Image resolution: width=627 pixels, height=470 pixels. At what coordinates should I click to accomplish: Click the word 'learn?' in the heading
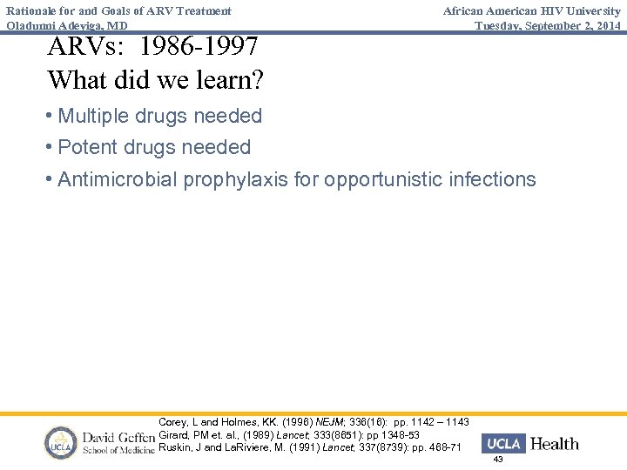[x=227, y=80]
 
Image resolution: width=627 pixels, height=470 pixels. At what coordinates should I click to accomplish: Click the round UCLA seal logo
[x=61, y=443]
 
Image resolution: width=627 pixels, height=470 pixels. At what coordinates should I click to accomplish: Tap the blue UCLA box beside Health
[x=503, y=444]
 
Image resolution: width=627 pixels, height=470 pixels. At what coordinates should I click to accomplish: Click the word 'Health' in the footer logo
[x=554, y=444]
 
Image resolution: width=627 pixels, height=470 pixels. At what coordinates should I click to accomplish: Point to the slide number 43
[x=498, y=460]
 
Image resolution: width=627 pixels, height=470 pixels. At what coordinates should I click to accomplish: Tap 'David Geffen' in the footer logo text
[x=117, y=435]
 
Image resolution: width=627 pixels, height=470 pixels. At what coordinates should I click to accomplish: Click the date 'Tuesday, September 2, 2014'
[x=548, y=25]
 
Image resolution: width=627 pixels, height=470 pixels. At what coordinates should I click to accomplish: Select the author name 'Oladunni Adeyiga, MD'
[x=66, y=25]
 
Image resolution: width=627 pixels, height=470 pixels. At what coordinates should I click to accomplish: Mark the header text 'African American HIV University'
[x=532, y=10]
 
